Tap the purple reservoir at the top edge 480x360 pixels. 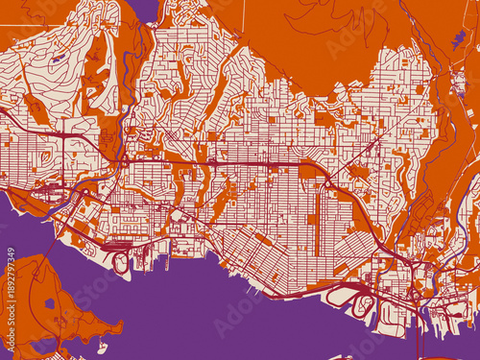(144, 9)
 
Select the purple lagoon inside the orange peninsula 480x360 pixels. (49, 303)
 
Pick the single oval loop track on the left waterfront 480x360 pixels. (121, 260)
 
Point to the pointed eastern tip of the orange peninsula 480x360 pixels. (121, 326)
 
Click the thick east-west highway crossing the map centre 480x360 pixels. (240, 165)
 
